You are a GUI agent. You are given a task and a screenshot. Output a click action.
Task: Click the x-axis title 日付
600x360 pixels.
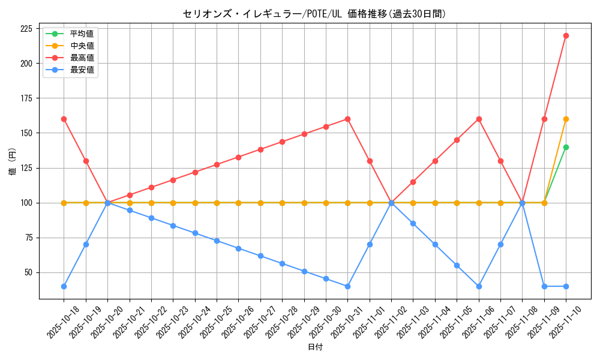click(x=315, y=347)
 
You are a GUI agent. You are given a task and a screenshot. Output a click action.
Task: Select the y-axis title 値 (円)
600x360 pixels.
click(x=13, y=161)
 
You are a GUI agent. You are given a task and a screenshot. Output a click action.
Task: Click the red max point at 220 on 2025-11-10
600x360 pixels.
click(x=566, y=35)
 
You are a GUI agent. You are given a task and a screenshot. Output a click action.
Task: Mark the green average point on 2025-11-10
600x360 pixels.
click(x=566, y=147)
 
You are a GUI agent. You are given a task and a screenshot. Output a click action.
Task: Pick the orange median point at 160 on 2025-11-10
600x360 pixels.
click(x=566, y=119)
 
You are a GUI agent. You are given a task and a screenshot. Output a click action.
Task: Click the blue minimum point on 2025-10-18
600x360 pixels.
click(x=64, y=286)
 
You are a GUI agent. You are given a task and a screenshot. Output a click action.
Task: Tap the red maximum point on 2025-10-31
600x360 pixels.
click(x=347, y=119)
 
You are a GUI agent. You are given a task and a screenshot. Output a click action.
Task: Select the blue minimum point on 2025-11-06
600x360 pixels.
click(x=479, y=286)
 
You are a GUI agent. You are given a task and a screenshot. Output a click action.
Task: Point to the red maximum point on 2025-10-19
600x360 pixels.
click(x=86, y=161)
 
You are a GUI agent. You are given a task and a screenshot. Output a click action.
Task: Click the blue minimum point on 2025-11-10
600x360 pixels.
click(x=566, y=286)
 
